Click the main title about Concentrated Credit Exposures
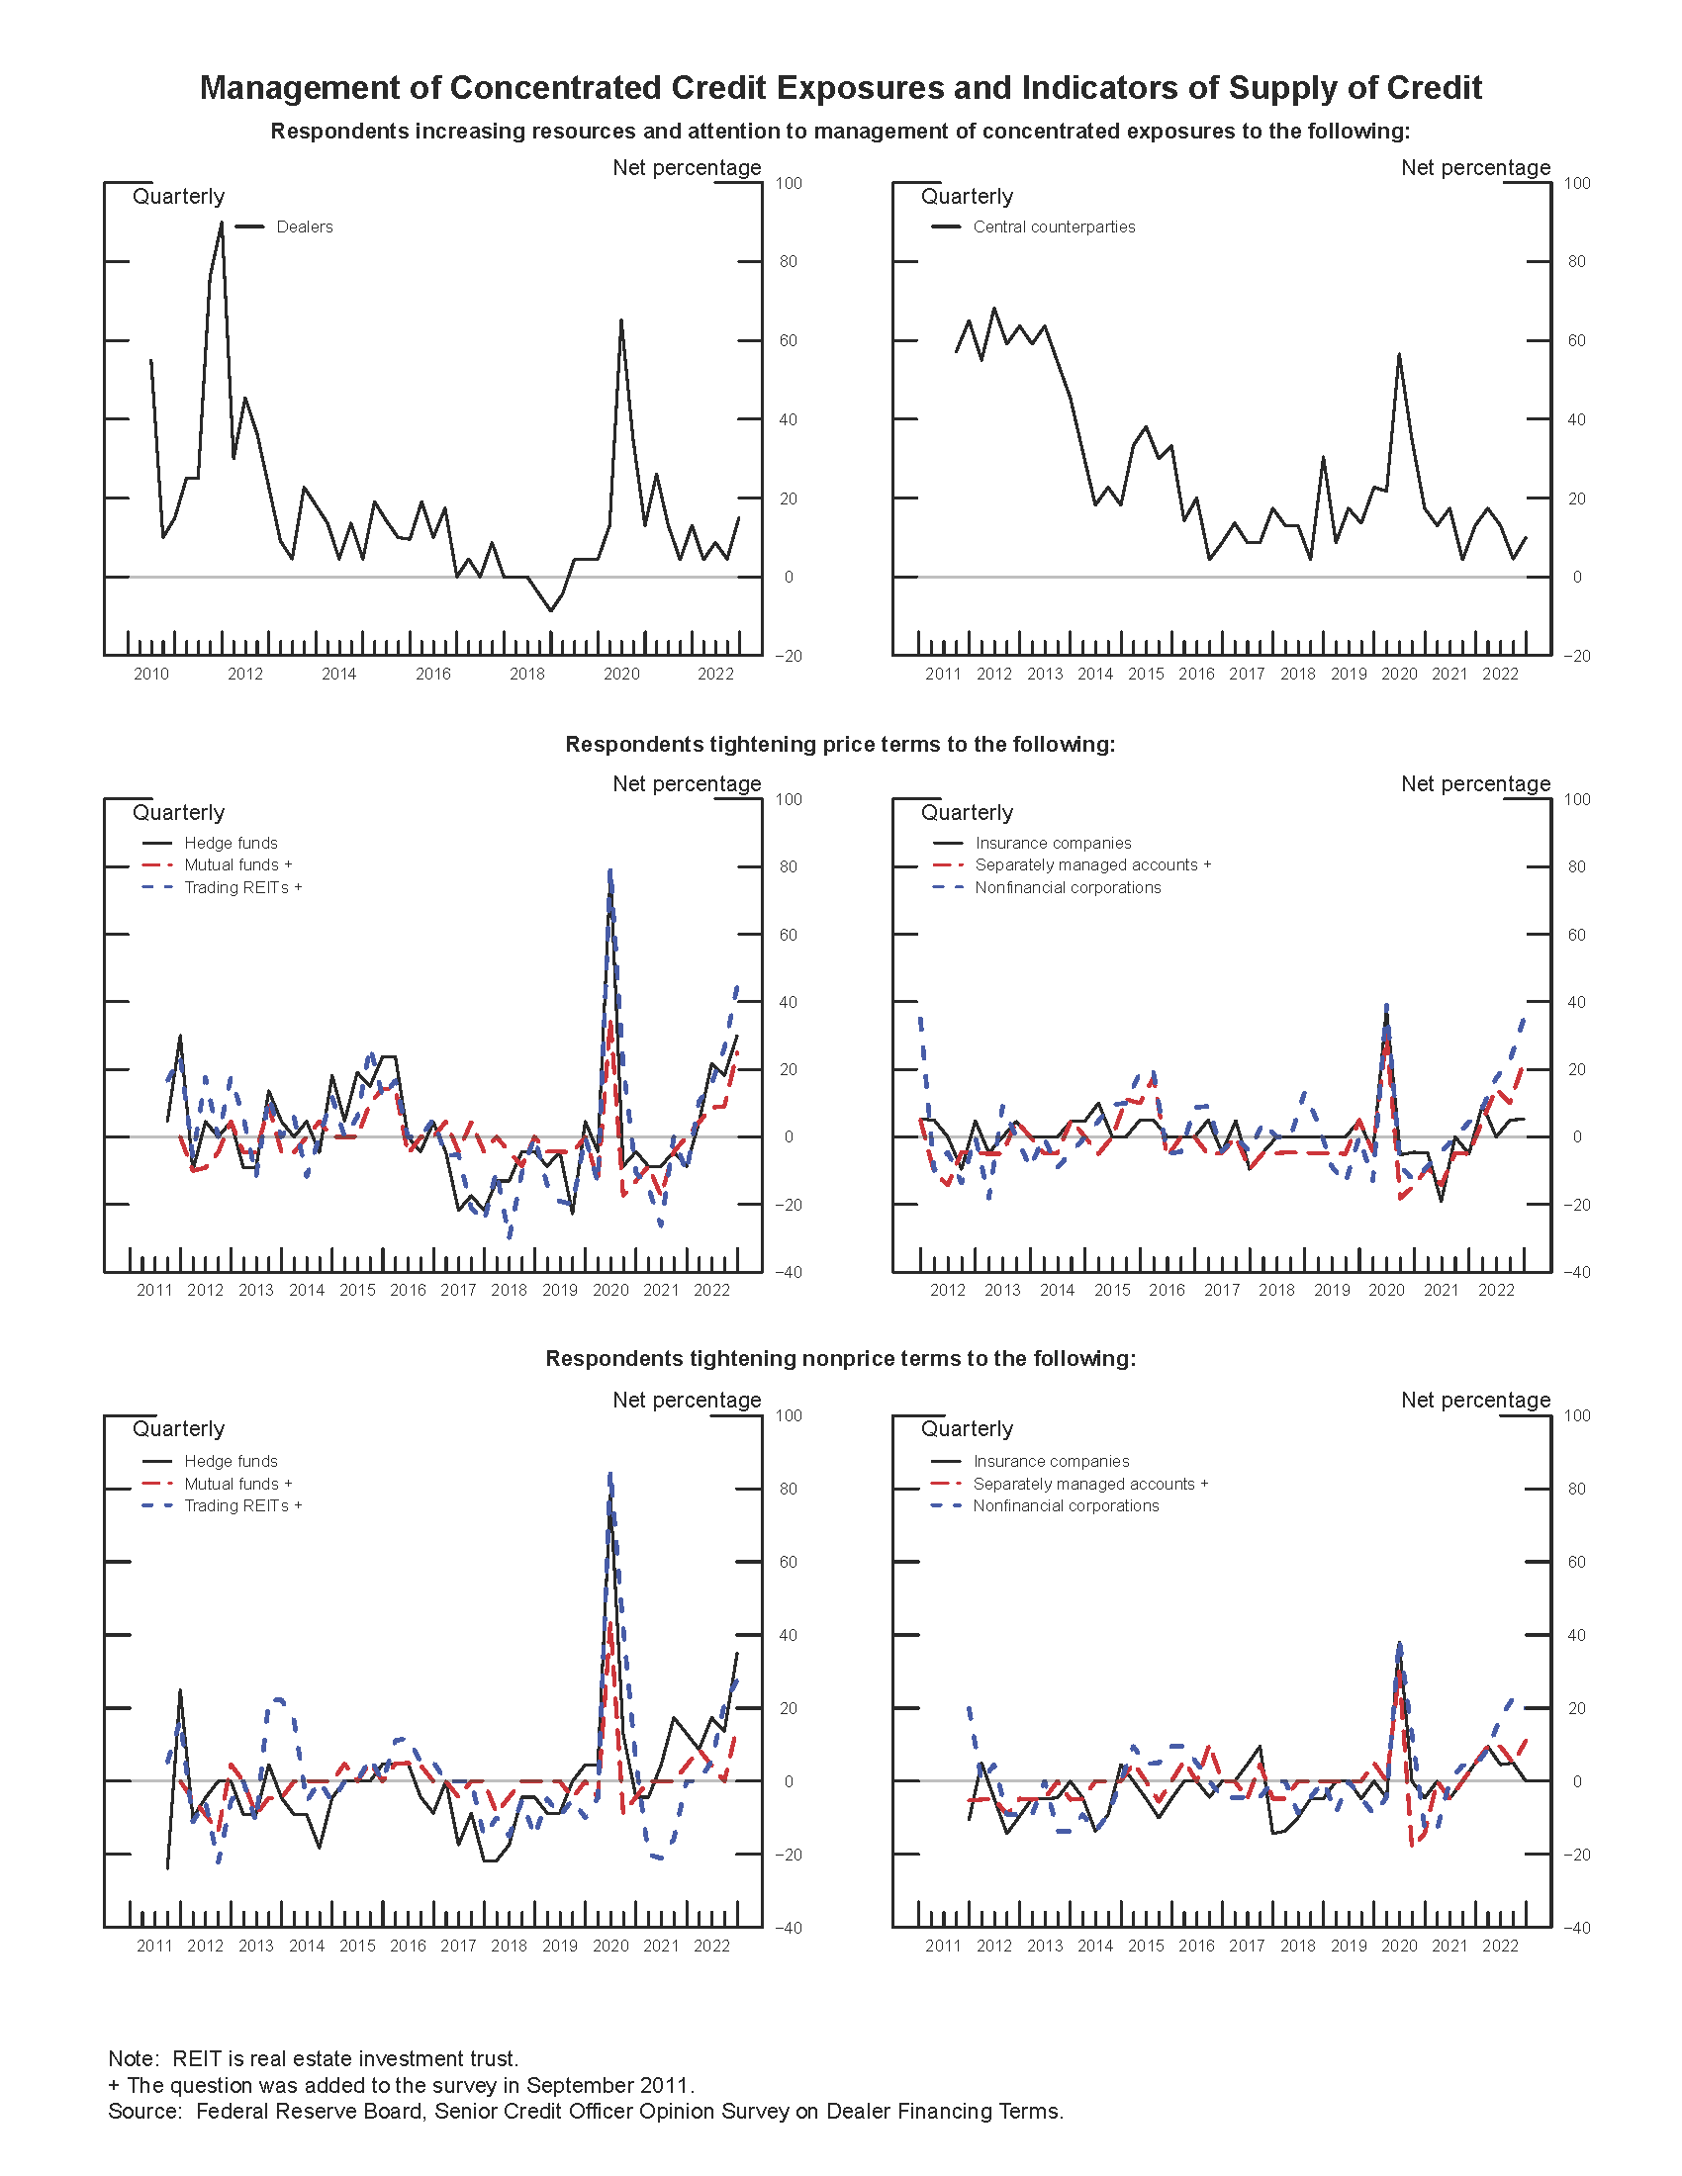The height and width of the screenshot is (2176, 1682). coord(840,88)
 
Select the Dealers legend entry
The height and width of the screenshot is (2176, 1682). coord(304,227)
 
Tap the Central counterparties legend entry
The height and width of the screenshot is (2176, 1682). coord(1054,227)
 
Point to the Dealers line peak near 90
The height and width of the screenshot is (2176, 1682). coord(222,224)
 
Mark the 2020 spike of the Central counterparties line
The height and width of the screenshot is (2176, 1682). coord(1399,355)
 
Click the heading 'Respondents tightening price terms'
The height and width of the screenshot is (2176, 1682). coord(840,744)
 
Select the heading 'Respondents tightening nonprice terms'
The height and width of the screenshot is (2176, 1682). coord(840,1359)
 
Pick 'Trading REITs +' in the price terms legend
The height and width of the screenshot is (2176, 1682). coord(242,888)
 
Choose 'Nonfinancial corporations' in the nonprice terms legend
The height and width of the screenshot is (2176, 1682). coord(1066,1505)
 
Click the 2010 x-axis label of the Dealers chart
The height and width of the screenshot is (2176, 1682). coord(151,675)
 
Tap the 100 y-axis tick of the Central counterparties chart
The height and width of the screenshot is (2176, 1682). coord(1576,183)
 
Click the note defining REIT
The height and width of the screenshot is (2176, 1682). coord(313,2058)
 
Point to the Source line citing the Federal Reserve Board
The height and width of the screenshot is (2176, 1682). coord(585,2112)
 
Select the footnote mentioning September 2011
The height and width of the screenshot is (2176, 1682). coord(401,2085)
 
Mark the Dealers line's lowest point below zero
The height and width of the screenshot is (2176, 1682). coord(551,610)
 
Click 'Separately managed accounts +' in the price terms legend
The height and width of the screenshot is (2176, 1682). coord(1092,864)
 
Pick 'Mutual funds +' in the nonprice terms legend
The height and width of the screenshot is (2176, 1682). coord(237,1484)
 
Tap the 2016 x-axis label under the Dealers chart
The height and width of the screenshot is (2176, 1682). coord(433,675)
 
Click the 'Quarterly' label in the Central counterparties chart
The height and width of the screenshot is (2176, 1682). coord(967,196)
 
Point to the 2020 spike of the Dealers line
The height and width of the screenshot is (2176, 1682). coord(620,320)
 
